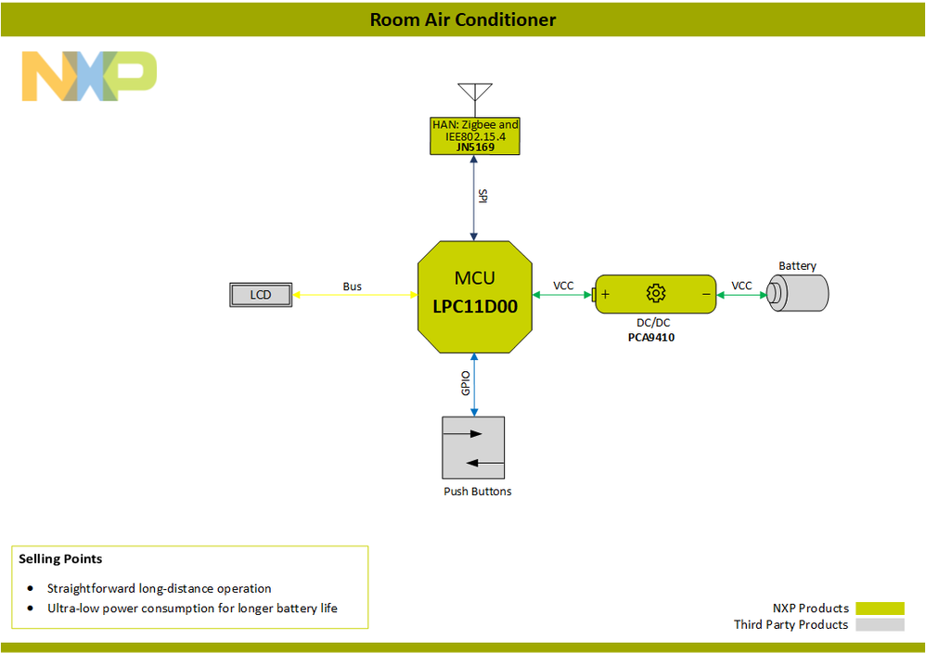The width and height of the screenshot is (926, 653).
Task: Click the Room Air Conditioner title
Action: (x=463, y=19)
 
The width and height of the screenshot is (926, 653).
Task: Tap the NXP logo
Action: (x=89, y=77)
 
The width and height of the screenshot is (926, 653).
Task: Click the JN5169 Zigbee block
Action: (x=475, y=135)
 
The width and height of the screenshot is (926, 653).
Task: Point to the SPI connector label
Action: (x=482, y=196)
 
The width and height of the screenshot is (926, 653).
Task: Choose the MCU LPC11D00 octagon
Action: (x=474, y=296)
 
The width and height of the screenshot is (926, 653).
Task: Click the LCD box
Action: (x=261, y=295)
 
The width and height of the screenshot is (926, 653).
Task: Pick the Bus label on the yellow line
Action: (x=352, y=287)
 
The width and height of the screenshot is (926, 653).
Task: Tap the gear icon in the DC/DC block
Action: (x=656, y=294)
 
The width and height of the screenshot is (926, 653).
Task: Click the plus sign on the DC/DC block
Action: (x=605, y=294)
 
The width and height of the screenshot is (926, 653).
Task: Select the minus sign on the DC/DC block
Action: (x=706, y=294)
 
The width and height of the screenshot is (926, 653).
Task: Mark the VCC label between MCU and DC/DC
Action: (x=563, y=286)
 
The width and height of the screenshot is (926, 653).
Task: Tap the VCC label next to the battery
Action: (x=741, y=286)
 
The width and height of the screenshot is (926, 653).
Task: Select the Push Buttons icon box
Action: (x=474, y=447)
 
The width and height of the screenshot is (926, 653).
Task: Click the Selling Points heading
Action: (x=60, y=559)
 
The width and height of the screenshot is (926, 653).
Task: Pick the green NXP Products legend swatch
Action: (x=879, y=608)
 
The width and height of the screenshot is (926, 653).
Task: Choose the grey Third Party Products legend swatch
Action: (x=879, y=625)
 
